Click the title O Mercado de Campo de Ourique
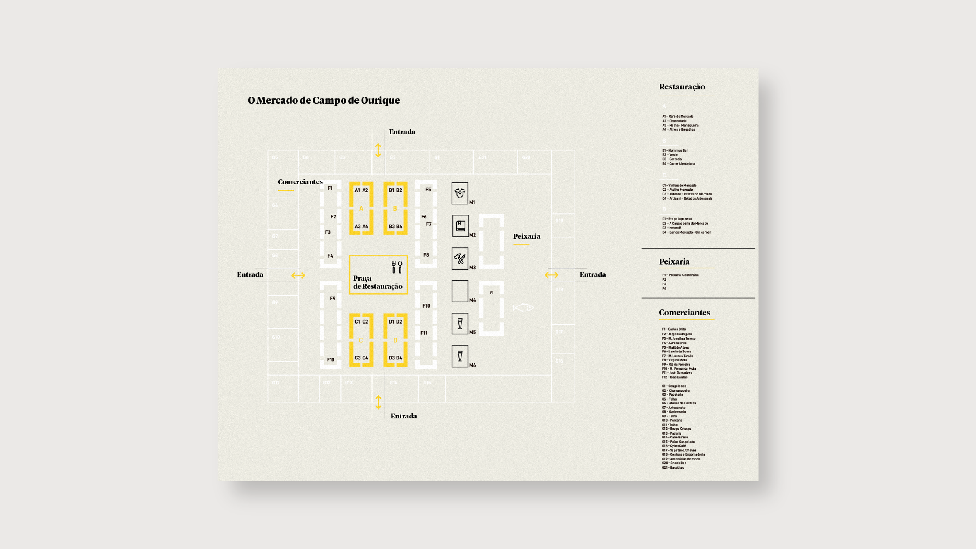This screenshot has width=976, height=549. click(x=324, y=100)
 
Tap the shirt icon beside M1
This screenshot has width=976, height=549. click(x=460, y=193)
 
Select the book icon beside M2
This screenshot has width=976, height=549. click(x=460, y=226)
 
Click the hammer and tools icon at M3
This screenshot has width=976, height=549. click(x=460, y=258)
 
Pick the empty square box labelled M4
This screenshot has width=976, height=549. click(x=460, y=291)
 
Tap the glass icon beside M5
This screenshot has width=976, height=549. click(x=460, y=324)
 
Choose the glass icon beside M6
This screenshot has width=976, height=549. click(x=460, y=356)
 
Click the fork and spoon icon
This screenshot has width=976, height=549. click(x=397, y=267)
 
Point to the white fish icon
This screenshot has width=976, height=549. click(x=523, y=308)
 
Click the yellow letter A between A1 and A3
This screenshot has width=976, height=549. click(x=361, y=209)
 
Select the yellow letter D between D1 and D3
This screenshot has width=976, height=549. click(x=395, y=340)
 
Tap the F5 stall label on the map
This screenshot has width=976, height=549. click(x=428, y=190)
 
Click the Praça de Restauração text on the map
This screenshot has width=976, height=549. click(x=377, y=282)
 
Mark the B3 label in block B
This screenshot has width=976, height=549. click(x=391, y=227)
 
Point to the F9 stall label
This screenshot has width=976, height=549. click(x=332, y=299)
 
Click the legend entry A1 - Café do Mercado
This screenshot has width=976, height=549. click(x=678, y=116)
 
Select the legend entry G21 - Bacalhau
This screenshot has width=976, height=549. click(x=673, y=467)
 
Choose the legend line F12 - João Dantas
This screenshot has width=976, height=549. click(x=675, y=377)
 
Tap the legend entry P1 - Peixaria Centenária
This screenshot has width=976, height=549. click(x=680, y=275)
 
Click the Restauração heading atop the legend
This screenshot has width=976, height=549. click(x=682, y=87)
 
